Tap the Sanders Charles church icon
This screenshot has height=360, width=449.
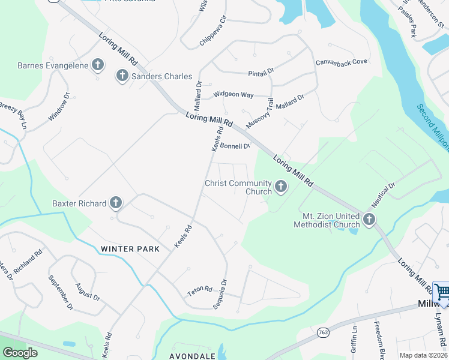click(x=122, y=76)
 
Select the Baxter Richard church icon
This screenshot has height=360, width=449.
click(x=116, y=203)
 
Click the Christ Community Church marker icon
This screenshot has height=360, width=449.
click(x=280, y=187)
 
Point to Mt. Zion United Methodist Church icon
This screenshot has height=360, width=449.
click(x=369, y=220)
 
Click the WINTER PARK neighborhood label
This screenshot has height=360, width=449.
click(x=130, y=248)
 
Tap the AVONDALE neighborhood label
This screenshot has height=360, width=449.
click(x=192, y=356)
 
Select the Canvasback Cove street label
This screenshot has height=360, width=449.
click(x=341, y=62)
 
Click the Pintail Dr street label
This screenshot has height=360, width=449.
click(x=261, y=72)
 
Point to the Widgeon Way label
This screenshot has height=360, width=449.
click(x=234, y=95)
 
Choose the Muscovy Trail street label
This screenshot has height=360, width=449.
click(x=259, y=112)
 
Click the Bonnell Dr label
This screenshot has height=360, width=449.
click(x=235, y=146)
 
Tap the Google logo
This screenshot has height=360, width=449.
click(x=20, y=353)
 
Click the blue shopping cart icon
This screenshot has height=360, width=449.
click(x=442, y=292)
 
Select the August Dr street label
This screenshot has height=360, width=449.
click(x=88, y=292)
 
